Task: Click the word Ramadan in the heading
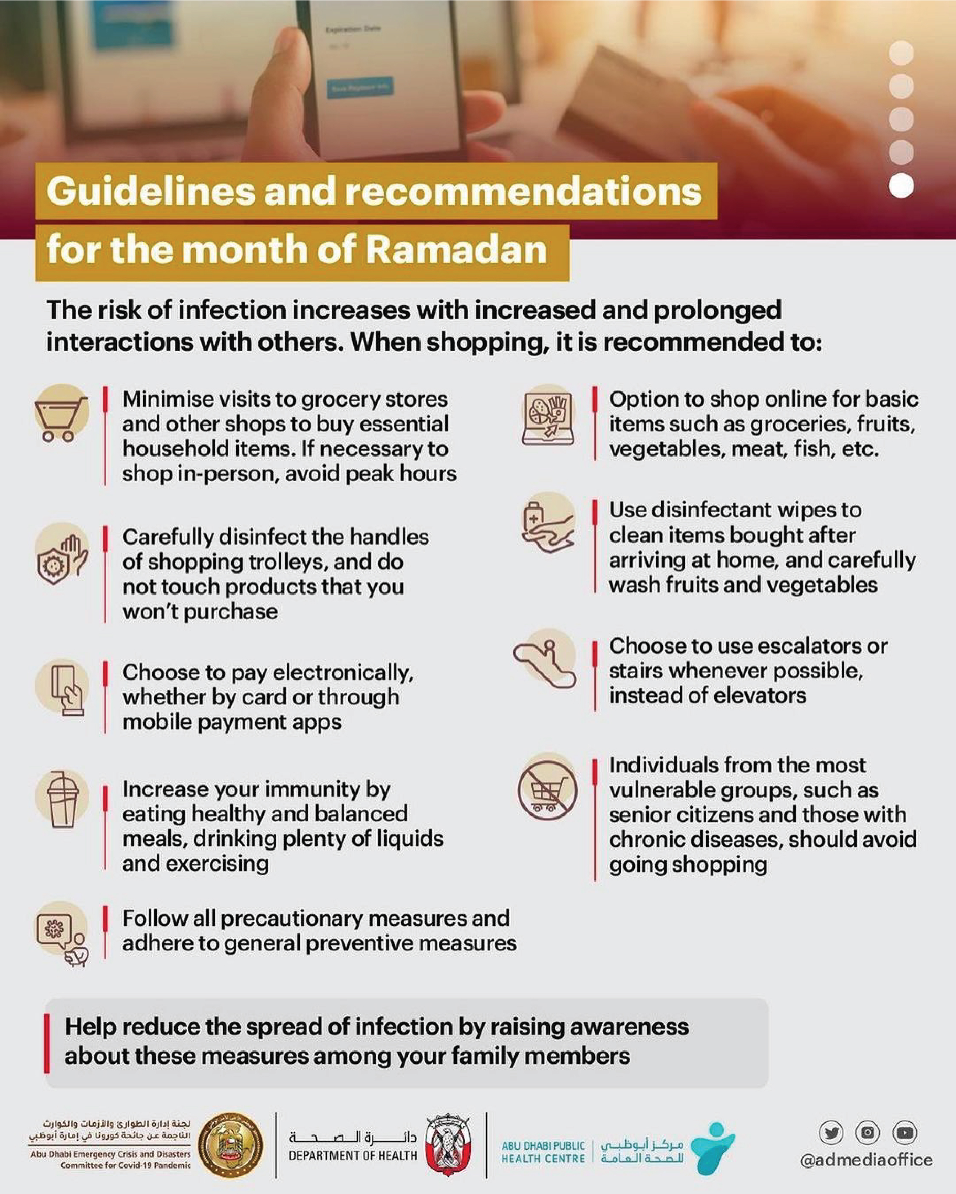coord(456,251)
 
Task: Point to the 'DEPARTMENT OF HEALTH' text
coord(353,1156)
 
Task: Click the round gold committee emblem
coord(230,1145)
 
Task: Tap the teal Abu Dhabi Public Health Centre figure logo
coord(715,1148)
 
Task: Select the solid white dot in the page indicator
coord(901,186)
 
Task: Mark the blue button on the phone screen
coord(360,88)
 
